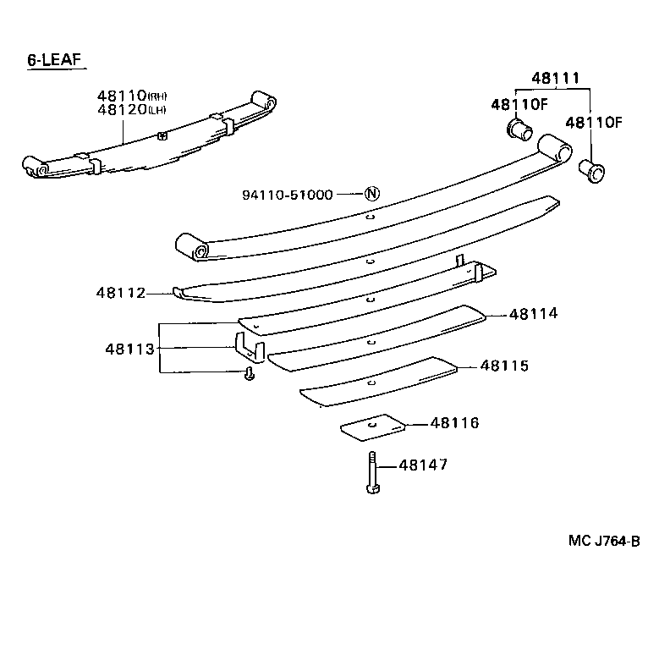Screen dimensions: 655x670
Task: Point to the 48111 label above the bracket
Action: [555, 79]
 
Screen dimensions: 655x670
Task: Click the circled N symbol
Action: [371, 194]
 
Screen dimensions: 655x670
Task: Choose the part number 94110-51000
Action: [287, 194]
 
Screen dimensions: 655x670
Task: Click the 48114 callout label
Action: [534, 314]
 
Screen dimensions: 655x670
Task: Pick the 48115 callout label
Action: [504, 366]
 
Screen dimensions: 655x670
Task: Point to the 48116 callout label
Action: [454, 422]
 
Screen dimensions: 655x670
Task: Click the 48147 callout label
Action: [422, 465]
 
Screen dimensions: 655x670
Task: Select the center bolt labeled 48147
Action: [372, 474]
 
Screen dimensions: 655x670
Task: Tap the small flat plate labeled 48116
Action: [372, 427]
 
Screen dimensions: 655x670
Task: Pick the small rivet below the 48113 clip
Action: [249, 374]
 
